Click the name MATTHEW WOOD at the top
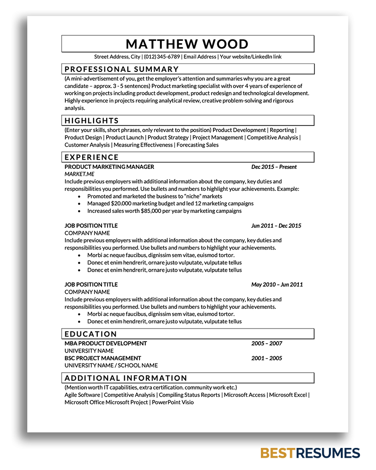[x=187, y=44]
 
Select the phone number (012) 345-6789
[x=162, y=57]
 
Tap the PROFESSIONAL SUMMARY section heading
[x=115, y=69]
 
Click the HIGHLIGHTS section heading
[x=92, y=120]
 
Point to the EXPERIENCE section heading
[x=92, y=157]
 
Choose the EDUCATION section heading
[x=91, y=334]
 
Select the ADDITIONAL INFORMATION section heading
[x=126, y=378]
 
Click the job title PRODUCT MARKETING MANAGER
[x=109, y=167]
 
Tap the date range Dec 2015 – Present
[x=274, y=167]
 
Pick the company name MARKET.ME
[x=79, y=174]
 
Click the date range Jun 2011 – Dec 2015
[x=276, y=226]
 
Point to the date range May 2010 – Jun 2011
[x=277, y=284]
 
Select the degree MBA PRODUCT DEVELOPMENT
[x=106, y=343]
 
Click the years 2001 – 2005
[x=266, y=358]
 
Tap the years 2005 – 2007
[x=266, y=343]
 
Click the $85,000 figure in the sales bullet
[x=150, y=211]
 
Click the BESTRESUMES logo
[x=310, y=453]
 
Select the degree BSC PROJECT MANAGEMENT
[x=102, y=358]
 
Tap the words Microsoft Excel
[x=288, y=395]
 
